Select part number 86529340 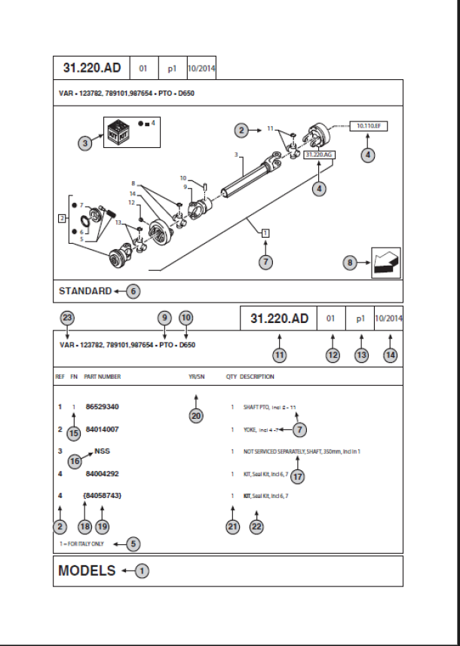(103, 407)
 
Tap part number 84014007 (103, 429)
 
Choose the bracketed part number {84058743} (102, 494)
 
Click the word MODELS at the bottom (87, 571)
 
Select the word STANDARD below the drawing (85, 291)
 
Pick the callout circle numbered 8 (350, 263)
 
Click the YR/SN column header (195, 377)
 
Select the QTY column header (231, 377)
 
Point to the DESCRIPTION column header (257, 377)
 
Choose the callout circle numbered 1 (143, 571)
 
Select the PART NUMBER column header (102, 377)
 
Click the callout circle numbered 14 (390, 354)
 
